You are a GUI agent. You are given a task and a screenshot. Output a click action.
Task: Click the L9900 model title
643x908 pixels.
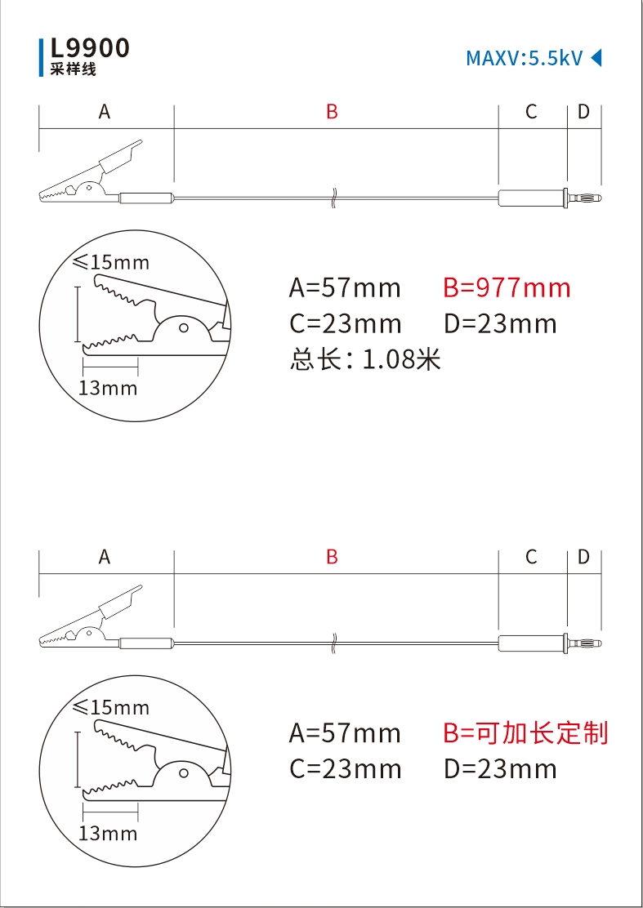[90, 48]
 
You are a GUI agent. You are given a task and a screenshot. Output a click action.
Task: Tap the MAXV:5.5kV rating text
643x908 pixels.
[524, 58]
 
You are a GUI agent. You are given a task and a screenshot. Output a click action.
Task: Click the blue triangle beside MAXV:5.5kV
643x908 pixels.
[596, 58]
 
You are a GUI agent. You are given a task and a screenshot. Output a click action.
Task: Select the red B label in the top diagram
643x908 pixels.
[332, 112]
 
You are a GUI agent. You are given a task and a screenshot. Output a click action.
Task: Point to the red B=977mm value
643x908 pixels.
[507, 287]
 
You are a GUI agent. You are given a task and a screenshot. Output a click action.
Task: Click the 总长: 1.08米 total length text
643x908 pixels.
[365, 359]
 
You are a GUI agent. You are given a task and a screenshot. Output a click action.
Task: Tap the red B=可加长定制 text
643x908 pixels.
[525, 732]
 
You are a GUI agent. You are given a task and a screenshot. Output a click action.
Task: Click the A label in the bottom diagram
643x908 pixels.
[105, 557]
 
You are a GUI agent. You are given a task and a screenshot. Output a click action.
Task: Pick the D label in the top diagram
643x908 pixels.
[583, 112]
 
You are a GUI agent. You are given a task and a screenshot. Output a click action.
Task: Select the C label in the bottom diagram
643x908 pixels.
[531, 557]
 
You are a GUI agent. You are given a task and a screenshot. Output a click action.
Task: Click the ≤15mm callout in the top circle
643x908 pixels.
[112, 262]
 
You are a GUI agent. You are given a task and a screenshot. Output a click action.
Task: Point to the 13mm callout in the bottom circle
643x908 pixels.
[108, 833]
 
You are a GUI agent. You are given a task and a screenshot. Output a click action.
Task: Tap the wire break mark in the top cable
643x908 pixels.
[334, 198]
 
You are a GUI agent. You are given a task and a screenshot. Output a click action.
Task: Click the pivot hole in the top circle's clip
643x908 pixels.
[183, 328]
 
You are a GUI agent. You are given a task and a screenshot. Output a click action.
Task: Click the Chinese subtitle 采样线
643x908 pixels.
[74, 70]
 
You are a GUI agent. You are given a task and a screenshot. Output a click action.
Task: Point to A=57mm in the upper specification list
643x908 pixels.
[345, 287]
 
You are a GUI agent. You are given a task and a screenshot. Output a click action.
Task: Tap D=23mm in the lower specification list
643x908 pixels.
[500, 768]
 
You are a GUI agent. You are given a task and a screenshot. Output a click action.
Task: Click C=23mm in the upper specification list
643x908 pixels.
[345, 323]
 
